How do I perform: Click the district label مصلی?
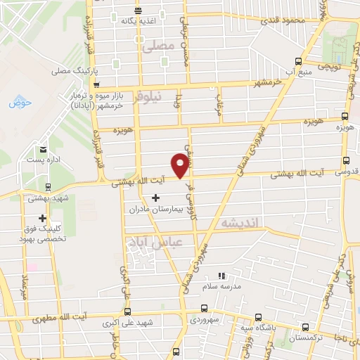155,46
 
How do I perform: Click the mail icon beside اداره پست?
43,149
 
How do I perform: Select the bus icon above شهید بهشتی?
48,187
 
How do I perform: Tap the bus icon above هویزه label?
345,117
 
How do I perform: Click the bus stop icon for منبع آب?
299,61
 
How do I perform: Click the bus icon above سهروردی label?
204,308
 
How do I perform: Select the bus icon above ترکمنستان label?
306,326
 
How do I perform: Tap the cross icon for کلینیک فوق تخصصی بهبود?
43,219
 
